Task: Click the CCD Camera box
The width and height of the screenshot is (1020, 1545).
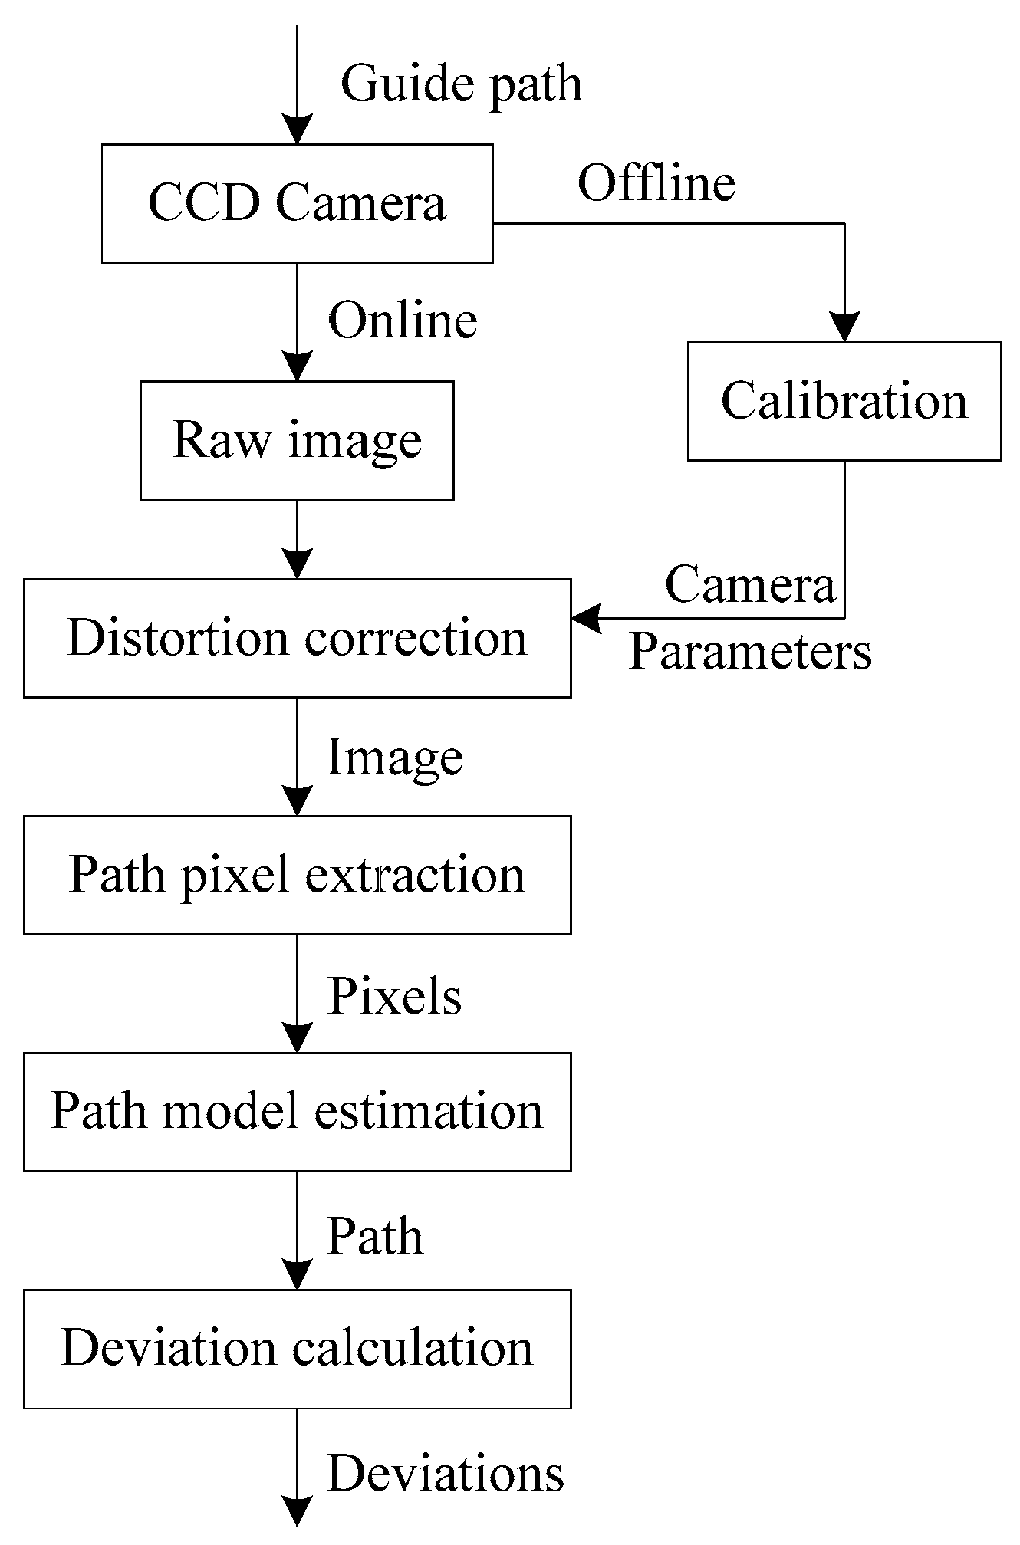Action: (x=297, y=204)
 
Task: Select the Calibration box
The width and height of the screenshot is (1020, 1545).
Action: (x=844, y=401)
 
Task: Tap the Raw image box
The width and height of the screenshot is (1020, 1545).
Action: (x=297, y=440)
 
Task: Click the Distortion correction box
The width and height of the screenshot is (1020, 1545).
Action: (x=297, y=638)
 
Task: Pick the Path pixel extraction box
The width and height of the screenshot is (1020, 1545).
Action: (x=297, y=875)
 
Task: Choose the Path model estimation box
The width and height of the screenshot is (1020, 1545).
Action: (x=297, y=1112)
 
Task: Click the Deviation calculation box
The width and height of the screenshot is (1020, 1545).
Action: (x=297, y=1349)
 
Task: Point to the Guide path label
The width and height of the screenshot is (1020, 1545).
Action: (x=461, y=84)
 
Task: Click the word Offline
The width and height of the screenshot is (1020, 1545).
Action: (x=656, y=184)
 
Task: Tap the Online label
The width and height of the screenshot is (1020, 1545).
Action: (x=403, y=321)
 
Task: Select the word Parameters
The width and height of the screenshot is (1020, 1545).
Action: (x=750, y=653)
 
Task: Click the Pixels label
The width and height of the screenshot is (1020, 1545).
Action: (x=394, y=997)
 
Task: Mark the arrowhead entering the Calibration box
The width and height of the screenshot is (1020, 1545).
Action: (x=844, y=327)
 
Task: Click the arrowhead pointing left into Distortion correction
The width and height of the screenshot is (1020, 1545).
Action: (x=586, y=617)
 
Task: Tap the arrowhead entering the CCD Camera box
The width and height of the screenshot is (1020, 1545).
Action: (x=297, y=130)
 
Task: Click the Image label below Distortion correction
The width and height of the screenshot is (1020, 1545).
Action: (x=394, y=758)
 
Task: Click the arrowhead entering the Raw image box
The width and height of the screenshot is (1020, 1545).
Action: (x=297, y=367)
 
